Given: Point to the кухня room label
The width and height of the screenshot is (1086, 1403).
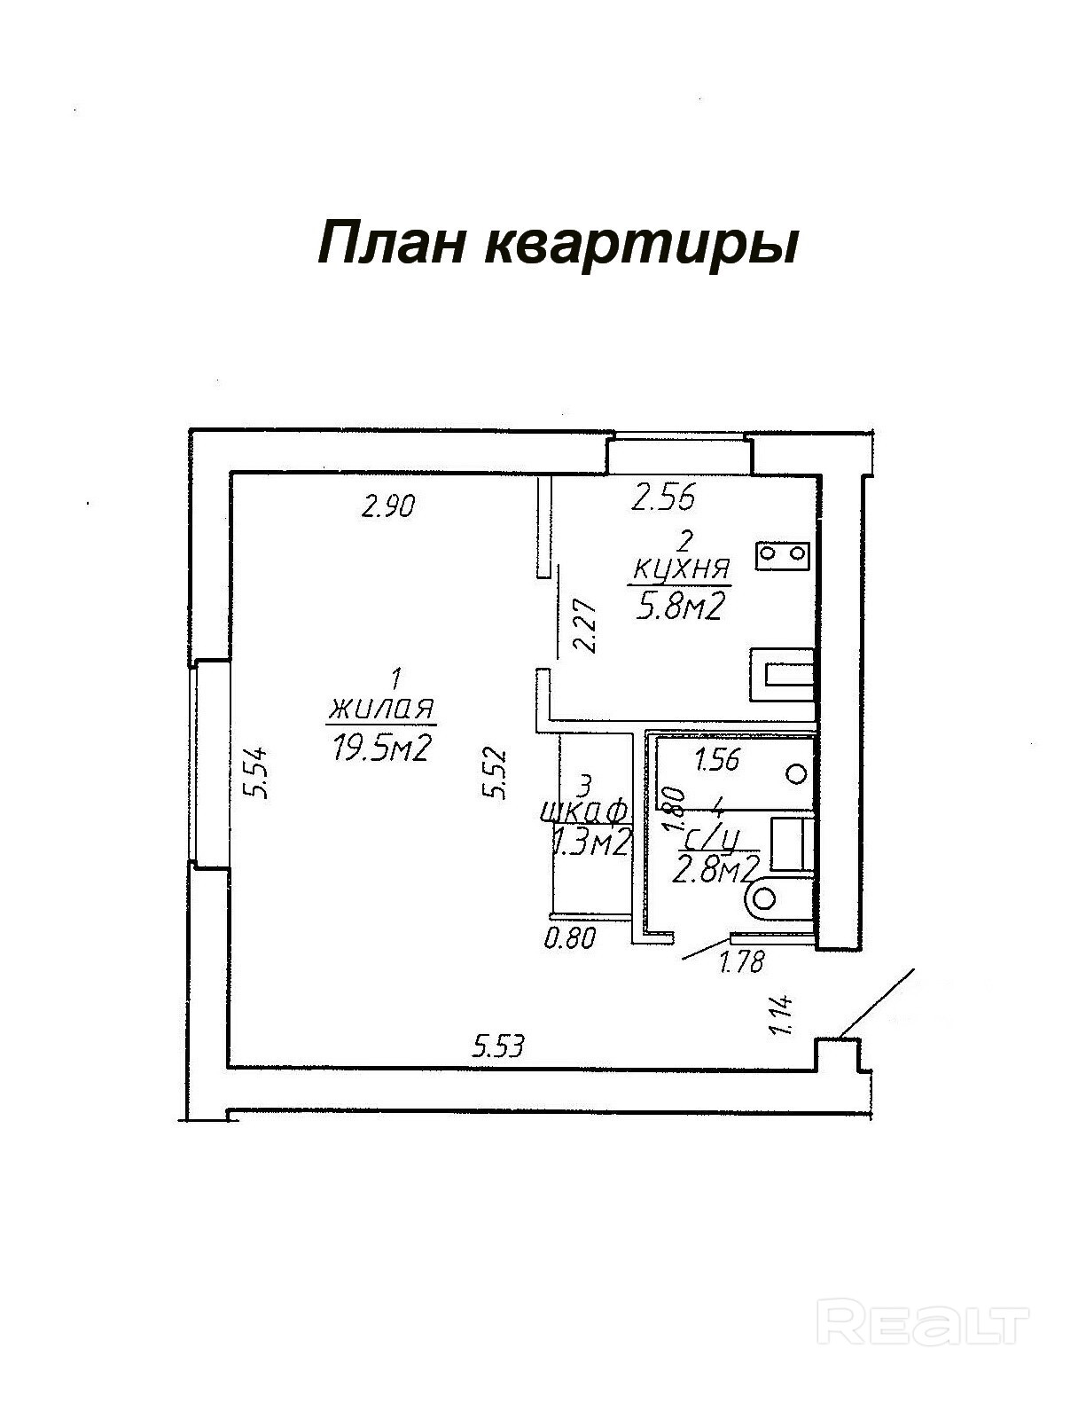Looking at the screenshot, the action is (x=679, y=568).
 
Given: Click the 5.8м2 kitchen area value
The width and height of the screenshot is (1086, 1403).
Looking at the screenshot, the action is (x=678, y=607).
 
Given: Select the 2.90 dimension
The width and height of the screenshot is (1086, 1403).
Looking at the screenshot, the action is (x=389, y=507).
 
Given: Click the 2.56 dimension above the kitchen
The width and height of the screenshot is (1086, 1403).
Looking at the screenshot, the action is (x=662, y=498).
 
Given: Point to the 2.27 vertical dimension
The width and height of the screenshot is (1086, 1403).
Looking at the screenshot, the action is (x=585, y=625).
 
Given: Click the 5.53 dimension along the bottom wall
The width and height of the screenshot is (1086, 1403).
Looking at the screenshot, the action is (x=499, y=1046).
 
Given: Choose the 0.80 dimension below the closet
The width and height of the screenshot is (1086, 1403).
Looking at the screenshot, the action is (x=570, y=937).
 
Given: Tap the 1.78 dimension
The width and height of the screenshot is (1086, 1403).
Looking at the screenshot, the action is (x=741, y=961).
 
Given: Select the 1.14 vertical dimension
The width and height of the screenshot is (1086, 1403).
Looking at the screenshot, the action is (x=782, y=1015).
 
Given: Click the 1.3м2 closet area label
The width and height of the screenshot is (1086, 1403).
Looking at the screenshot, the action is (x=590, y=843).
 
